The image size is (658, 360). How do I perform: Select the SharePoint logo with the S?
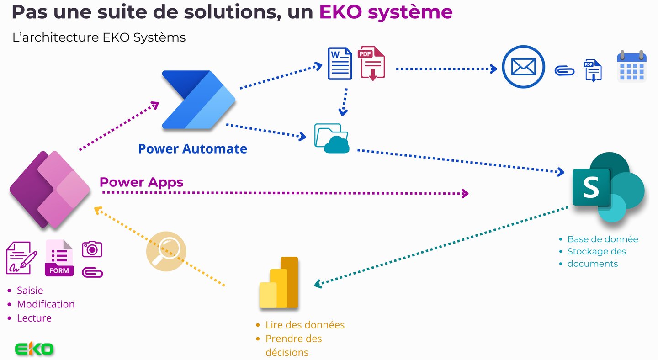click(608, 187)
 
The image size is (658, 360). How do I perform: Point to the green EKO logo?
click(34, 349)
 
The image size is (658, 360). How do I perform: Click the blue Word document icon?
click(340, 63)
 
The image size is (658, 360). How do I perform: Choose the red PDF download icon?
click(371, 63)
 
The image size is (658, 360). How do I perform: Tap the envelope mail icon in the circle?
click(523, 67)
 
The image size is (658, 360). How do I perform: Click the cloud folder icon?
click(332, 138)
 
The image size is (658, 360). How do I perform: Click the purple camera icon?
click(92, 249)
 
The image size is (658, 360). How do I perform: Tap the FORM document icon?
click(59, 258)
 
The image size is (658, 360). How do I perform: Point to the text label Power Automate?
click(192, 148)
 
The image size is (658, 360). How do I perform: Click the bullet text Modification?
click(46, 304)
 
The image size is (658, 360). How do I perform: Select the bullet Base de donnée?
click(602, 239)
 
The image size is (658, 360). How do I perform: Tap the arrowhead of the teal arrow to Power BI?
click(318, 285)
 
